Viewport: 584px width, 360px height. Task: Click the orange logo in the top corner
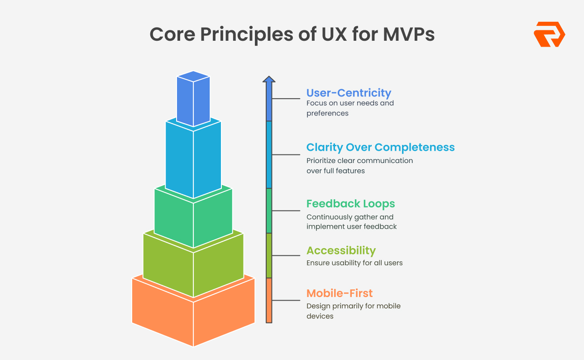point(549,34)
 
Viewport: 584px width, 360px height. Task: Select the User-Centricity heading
point(349,93)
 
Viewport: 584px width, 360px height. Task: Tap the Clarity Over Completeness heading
point(380,147)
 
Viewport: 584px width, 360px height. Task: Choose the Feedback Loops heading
point(350,204)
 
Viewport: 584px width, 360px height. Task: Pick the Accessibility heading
point(341,250)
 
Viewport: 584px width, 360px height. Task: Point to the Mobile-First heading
point(340,293)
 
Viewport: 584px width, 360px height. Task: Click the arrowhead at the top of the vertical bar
point(269,80)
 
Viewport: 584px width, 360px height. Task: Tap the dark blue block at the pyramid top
point(193,100)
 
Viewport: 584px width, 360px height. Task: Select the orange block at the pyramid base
point(193,317)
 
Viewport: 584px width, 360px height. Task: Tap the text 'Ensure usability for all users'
point(354,263)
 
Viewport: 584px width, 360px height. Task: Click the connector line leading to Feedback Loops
point(286,211)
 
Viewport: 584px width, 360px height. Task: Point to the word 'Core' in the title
point(171,34)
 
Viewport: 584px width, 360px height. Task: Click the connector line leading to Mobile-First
point(286,300)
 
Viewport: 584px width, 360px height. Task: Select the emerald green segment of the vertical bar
point(269,211)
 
